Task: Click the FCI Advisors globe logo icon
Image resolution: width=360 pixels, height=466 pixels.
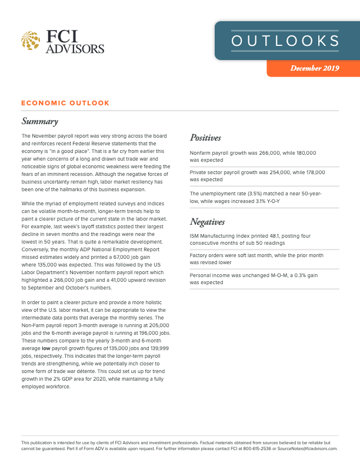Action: [30, 41]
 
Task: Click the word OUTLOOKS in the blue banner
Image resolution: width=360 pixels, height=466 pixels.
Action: [285, 41]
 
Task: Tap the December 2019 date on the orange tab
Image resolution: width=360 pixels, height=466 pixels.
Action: [315, 69]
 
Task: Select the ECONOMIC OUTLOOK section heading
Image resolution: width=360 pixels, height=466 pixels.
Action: [65, 103]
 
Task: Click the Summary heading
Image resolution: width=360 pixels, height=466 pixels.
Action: [40, 122]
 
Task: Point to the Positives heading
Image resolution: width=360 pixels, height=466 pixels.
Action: [205, 138]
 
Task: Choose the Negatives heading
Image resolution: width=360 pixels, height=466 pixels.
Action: [208, 222]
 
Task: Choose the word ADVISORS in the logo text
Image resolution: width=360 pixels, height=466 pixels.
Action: [76, 48]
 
